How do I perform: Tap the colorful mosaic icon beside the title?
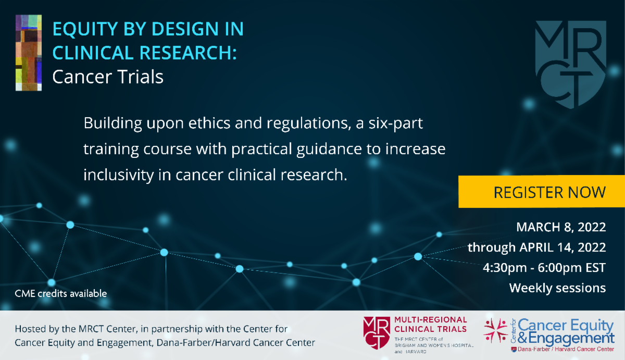[29, 53]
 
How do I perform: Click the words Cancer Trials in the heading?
[108, 77]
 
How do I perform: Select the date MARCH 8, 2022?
[560, 227]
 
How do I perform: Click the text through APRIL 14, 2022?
[536, 247]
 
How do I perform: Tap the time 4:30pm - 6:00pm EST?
[545, 267]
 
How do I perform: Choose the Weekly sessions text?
[557, 287]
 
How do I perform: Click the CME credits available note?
[61, 294]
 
